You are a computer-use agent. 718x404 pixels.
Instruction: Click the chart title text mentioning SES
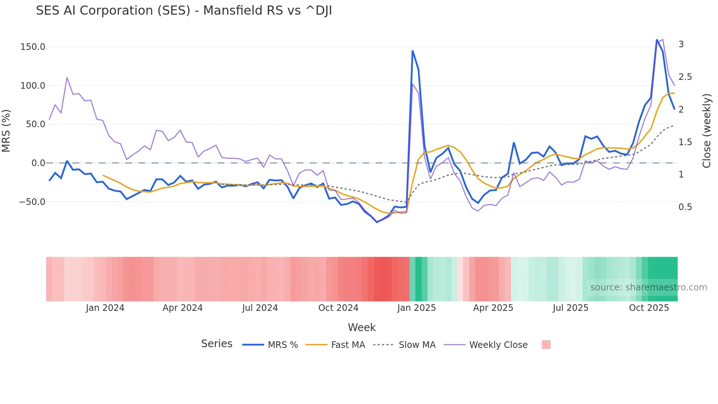point(184,11)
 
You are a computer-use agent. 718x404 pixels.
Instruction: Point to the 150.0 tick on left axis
point(33,47)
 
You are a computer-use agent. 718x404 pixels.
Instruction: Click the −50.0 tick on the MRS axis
point(32,202)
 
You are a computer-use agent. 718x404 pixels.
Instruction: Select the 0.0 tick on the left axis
point(38,163)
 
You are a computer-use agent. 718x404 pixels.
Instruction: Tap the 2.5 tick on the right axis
point(685,77)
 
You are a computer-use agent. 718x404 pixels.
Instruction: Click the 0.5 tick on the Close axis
point(685,207)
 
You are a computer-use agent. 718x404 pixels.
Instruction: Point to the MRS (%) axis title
point(6,131)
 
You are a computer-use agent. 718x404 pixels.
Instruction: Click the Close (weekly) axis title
point(707,131)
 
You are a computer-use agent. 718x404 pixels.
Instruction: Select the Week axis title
point(362,327)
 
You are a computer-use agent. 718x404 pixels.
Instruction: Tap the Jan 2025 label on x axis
point(417,308)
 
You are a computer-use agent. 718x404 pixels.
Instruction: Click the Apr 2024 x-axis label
point(182,308)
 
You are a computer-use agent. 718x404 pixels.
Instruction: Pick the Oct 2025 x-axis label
point(649,308)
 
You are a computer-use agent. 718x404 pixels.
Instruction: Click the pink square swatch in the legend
point(546,345)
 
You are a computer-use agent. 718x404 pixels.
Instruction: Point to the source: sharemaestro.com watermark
point(648,287)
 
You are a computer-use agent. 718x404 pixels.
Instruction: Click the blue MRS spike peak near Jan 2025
point(412,51)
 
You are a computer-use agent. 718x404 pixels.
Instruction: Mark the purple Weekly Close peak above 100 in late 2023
point(67,77)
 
